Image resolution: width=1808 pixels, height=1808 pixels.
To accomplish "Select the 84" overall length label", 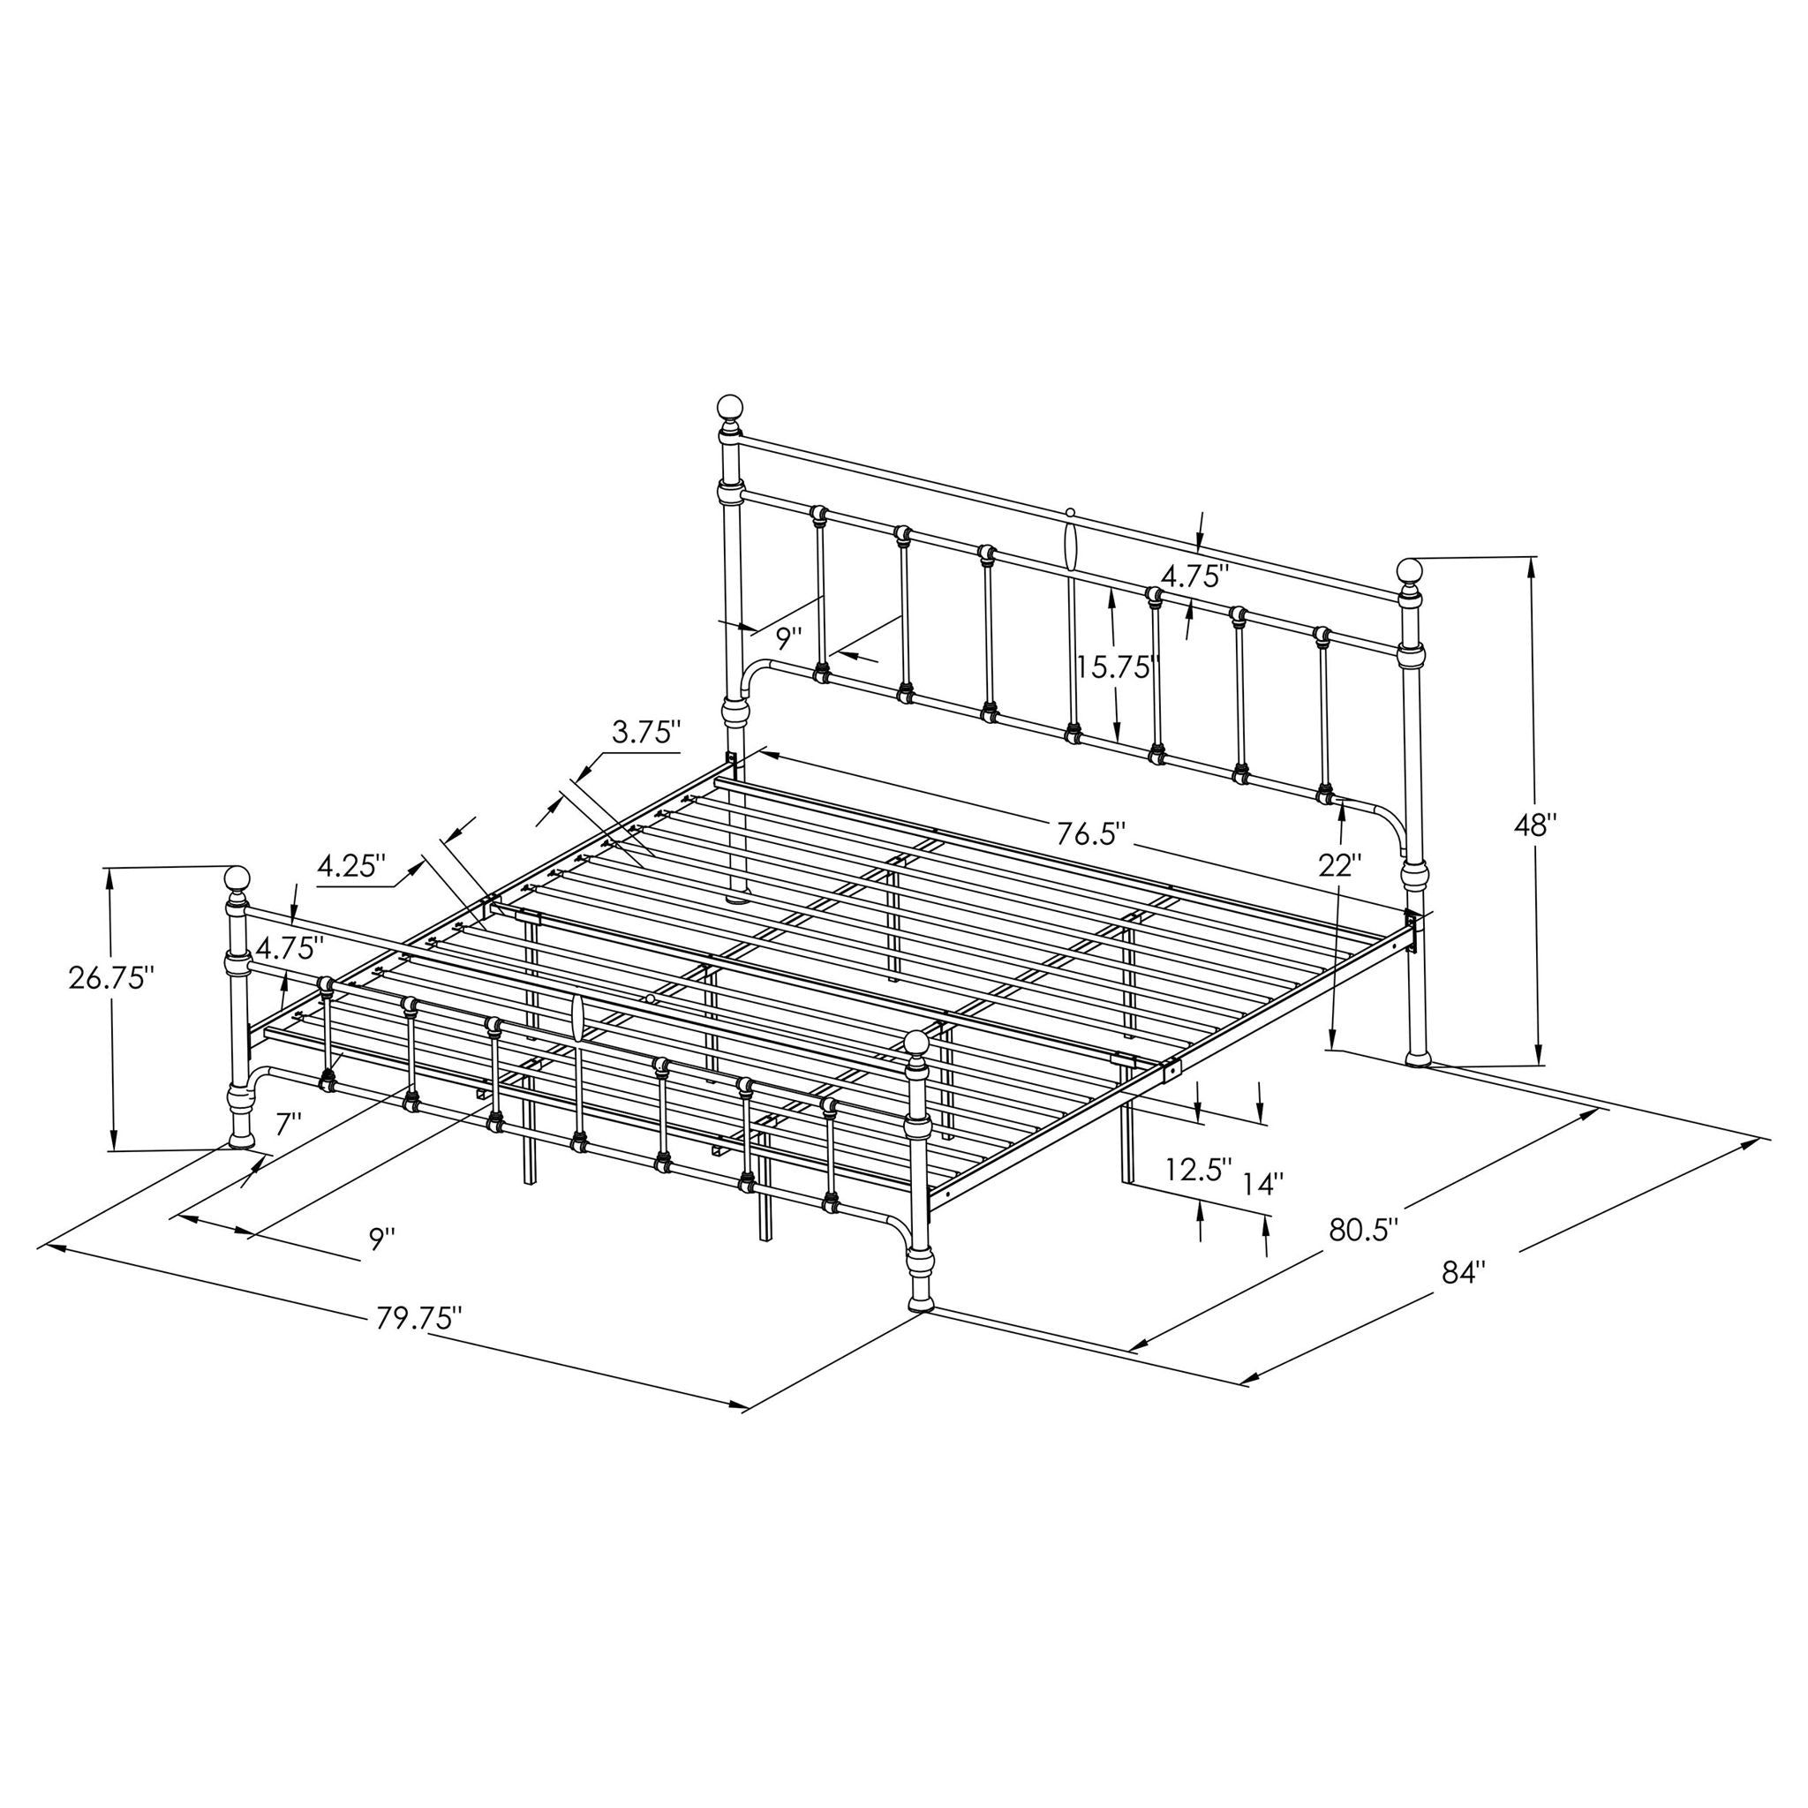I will [x=1465, y=1273].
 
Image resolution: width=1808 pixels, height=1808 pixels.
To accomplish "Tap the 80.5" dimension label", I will [x=1363, y=1229].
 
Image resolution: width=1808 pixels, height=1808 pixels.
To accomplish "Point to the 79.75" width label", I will [x=419, y=1319].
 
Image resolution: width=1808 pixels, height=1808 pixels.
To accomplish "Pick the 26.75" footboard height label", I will [x=110, y=978].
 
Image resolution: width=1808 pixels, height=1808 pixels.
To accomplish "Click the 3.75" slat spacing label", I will [x=645, y=732].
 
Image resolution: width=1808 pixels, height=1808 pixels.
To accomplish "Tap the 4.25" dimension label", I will [x=351, y=864].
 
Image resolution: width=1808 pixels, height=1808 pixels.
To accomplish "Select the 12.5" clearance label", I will [x=1199, y=1170].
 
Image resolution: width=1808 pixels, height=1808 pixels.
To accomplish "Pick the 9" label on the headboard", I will [x=789, y=639].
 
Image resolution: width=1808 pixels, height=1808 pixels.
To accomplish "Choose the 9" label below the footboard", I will [x=380, y=1240].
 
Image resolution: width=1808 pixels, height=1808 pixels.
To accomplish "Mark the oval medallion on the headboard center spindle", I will [x=1071, y=543].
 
